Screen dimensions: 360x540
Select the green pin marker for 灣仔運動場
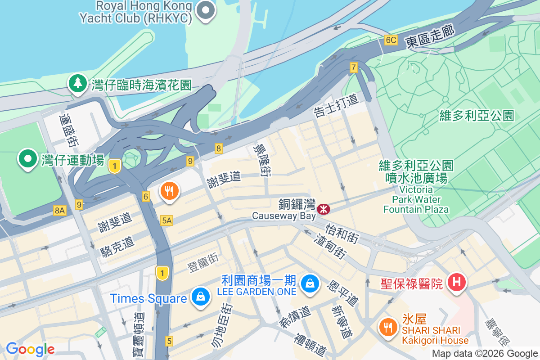pos(28,159)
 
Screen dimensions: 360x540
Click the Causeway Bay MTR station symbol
pos(323,209)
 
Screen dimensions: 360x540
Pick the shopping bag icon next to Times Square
pos(198,297)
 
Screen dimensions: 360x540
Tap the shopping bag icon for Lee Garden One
pos(310,283)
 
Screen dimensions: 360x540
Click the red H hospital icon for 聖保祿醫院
pos(456,283)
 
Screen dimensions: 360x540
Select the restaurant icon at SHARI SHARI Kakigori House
pos(387,325)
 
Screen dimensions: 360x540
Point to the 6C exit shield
pos(391,40)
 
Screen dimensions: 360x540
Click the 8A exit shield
pos(59,210)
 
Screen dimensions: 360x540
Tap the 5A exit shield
pos(166,220)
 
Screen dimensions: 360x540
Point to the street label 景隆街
pos(262,160)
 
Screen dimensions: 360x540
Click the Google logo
pos(30,349)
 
